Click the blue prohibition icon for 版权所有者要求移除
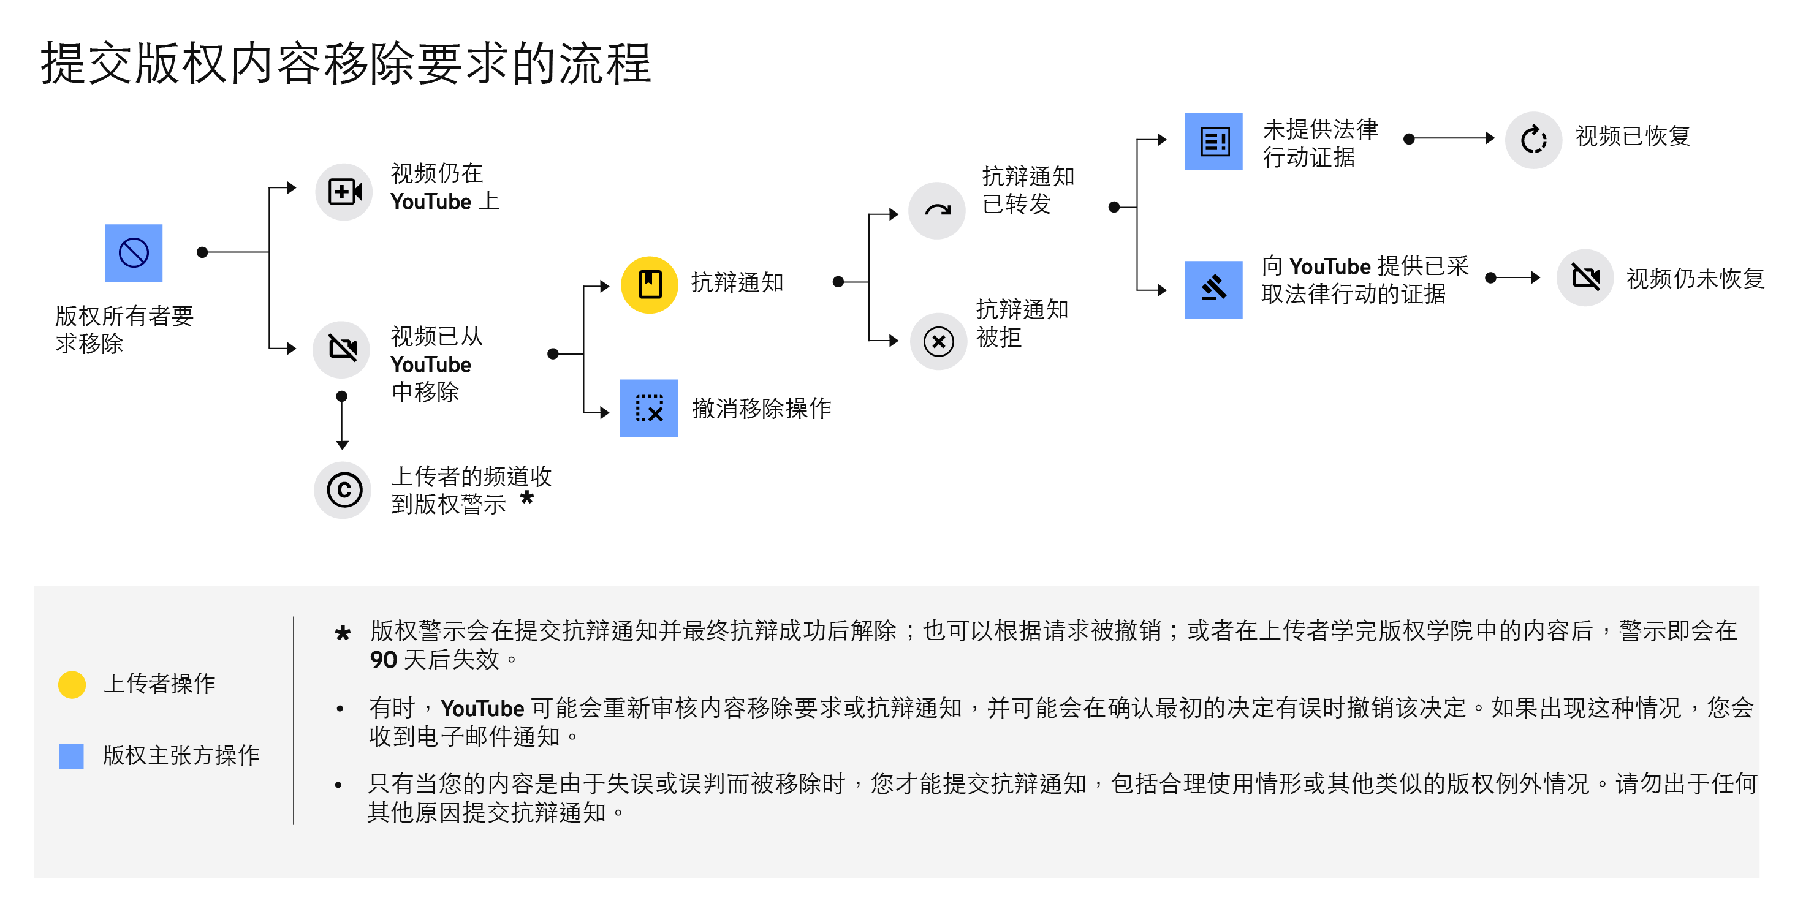click(x=133, y=253)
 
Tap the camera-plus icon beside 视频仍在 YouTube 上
click(x=344, y=192)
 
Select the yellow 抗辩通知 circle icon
click(x=650, y=285)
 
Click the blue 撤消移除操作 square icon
click(x=649, y=408)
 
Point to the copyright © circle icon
click(x=343, y=491)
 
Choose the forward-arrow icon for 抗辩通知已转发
click(x=937, y=210)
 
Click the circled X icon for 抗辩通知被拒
click(x=939, y=341)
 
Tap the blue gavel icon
click(x=1214, y=290)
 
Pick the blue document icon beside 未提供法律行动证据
click(x=1214, y=141)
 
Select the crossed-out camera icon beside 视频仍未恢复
click(x=1585, y=278)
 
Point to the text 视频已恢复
click(x=1633, y=136)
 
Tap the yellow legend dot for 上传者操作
click(x=72, y=685)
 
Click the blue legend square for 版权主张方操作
click(x=71, y=757)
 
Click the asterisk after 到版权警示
click(x=527, y=497)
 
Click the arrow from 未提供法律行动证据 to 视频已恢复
click(x=1449, y=138)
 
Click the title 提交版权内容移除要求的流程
click(x=346, y=63)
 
